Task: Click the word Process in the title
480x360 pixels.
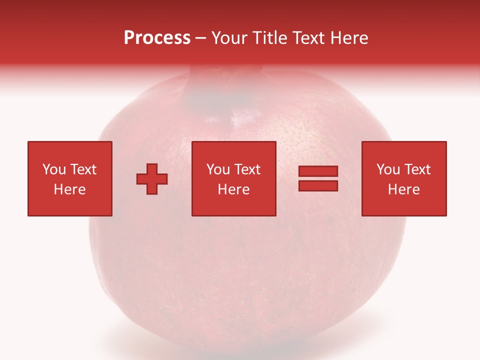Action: pos(157,37)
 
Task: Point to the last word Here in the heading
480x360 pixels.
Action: pos(351,37)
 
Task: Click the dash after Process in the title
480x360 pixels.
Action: pos(201,38)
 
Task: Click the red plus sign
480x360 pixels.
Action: pos(152,179)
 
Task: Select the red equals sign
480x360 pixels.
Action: pos(318,178)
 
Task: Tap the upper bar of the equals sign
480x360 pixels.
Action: pos(318,171)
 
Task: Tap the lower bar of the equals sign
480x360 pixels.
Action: pos(318,185)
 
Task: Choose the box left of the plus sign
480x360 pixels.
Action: pos(69,178)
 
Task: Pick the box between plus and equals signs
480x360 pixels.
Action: pos(233,178)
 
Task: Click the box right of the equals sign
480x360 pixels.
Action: pos(403,178)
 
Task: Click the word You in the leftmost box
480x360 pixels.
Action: pos(54,169)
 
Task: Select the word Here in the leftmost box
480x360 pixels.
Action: pos(69,189)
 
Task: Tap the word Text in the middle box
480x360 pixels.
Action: pos(247,169)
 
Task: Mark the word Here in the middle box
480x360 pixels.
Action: pos(233,189)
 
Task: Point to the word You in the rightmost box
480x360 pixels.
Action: pos(388,169)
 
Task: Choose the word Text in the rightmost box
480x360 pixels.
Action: pos(417,169)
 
